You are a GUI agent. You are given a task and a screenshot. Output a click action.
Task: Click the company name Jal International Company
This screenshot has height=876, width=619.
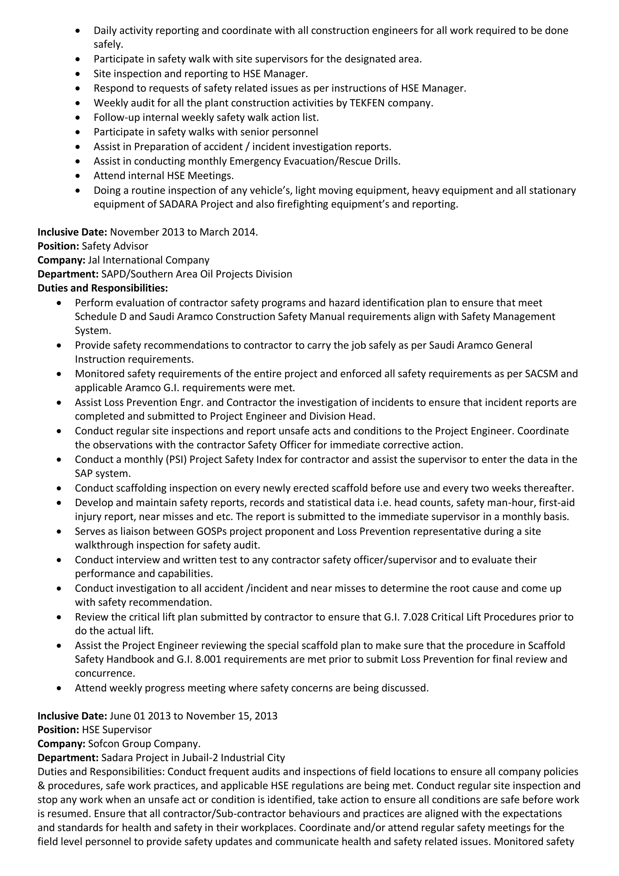148,260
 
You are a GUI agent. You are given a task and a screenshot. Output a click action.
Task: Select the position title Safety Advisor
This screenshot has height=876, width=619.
115,246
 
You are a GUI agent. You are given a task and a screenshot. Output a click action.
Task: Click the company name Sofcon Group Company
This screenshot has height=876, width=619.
144,744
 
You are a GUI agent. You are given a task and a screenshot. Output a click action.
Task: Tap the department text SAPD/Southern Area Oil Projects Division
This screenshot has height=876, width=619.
196,274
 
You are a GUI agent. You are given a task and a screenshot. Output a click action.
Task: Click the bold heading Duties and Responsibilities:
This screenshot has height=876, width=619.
102,288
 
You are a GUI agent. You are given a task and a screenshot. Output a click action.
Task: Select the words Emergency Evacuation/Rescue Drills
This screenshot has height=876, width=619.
315,161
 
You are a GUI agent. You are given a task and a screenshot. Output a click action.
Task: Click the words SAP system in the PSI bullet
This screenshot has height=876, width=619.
102,474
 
